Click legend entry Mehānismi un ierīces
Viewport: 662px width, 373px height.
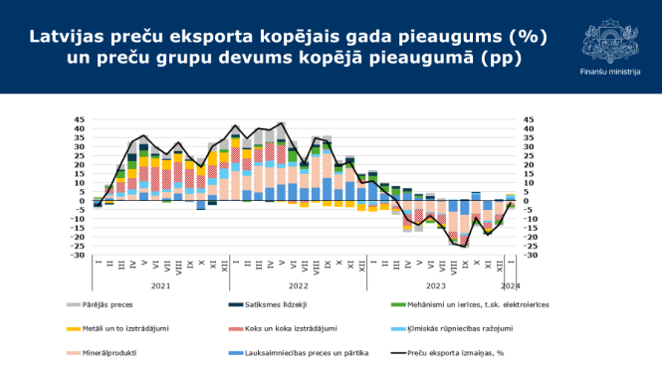coord(488,305)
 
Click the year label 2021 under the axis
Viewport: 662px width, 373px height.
coord(160,284)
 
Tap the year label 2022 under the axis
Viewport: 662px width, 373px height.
coord(299,284)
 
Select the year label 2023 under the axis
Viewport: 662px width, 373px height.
coord(435,284)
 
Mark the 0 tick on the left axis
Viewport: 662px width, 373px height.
coord(83,201)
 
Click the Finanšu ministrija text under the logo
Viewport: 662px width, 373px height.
coord(609,72)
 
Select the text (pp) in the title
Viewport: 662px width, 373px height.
coord(503,60)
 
